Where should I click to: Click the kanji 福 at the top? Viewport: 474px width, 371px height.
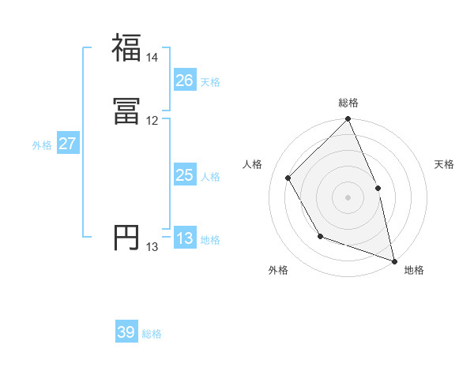pyautogui.click(x=126, y=47)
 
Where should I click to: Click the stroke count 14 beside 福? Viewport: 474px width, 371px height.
pyautogui.click(x=152, y=58)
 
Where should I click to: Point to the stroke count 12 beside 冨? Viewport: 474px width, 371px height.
pyautogui.click(x=152, y=121)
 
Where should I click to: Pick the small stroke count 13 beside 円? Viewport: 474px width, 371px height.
pyautogui.click(x=152, y=247)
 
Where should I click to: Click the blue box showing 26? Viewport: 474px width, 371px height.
pyautogui.click(x=185, y=80)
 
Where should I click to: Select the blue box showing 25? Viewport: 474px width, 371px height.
pyautogui.click(x=185, y=175)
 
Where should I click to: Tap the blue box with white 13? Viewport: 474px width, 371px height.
pyautogui.click(x=185, y=238)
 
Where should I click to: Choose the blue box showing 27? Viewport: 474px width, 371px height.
pyautogui.click(x=68, y=144)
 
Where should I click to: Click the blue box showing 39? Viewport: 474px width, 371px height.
pyautogui.click(x=126, y=332)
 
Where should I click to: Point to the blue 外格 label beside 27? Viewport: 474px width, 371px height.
pyautogui.click(x=42, y=145)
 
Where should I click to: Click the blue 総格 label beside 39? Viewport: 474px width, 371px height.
pyautogui.click(x=152, y=334)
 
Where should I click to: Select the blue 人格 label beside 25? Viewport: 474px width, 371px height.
pyautogui.click(x=210, y=177)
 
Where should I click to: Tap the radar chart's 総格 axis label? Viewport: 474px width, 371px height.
pyautogui.click(x=348, y=103)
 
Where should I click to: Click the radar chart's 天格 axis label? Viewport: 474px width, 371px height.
pyautogui.click(x=445, y=164)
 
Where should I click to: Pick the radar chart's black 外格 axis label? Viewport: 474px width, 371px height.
pyautogui.click(x=278, y=270)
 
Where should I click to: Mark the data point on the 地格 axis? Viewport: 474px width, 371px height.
pyautogui.click(x=394, y=260)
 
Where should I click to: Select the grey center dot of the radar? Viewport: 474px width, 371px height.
pyautogui.click(x=348, y=197)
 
